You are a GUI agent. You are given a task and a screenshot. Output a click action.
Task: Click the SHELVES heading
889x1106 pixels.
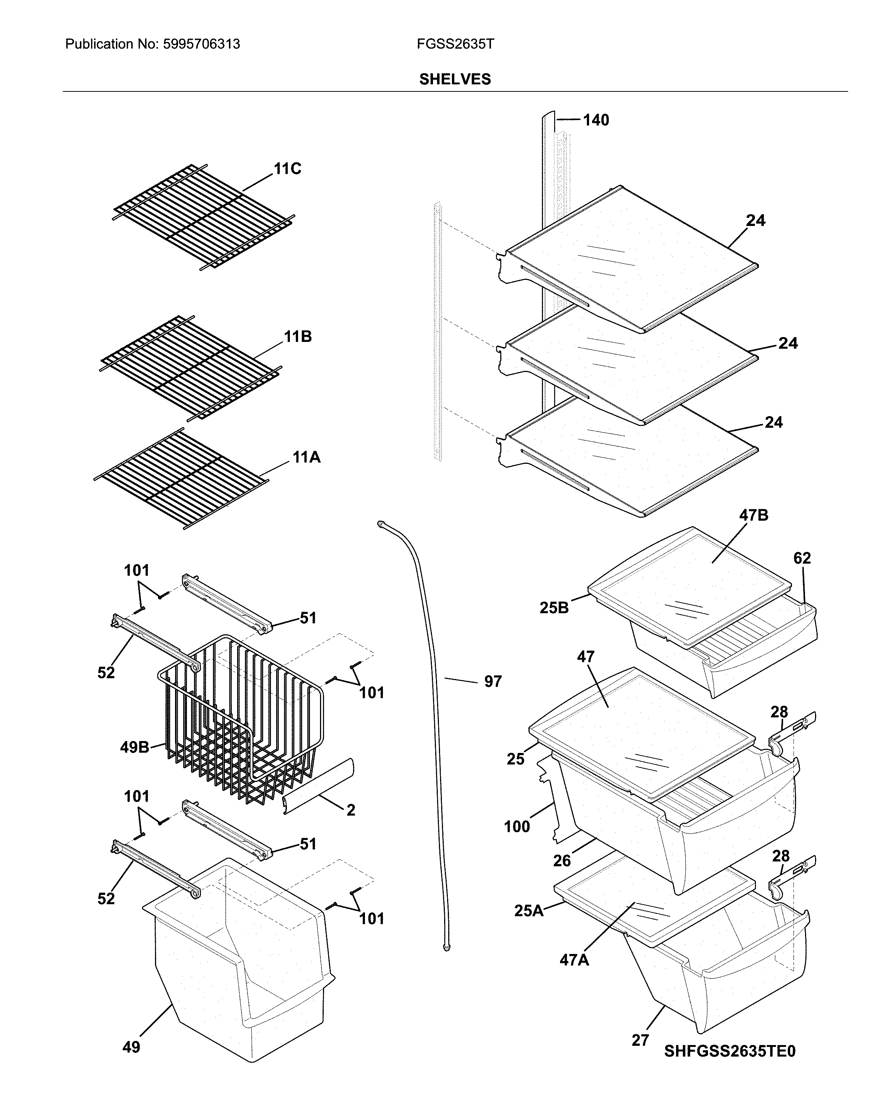[x=455, y=79]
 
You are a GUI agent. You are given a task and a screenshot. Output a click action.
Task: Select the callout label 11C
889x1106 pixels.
[x=287, y=169]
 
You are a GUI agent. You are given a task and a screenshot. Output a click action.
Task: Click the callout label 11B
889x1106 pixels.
[x=298, y=337]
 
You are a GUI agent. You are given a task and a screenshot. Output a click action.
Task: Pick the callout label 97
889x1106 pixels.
[x=492, y=681]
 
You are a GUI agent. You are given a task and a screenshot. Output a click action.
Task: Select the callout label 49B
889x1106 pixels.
[x=135, y=747]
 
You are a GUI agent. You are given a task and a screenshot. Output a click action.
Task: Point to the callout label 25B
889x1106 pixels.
[x=554, y=608]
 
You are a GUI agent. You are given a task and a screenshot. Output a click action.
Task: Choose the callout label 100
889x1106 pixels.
[x=517, y=827]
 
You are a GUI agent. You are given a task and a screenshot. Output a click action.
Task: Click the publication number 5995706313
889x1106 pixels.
[x=201, y=44]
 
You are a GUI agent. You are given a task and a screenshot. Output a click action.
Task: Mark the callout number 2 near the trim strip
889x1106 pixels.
[x=350, y=810]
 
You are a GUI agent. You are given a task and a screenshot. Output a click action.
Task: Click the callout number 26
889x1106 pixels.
[x=562, y=860]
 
